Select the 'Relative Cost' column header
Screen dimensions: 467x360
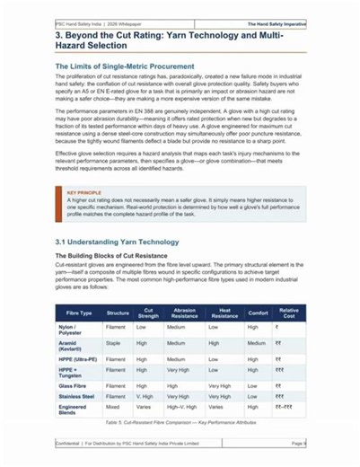click(x=288, y=313)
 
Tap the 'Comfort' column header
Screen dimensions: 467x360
click(x=258, y=313)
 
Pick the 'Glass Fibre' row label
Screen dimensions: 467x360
click(x=73, y=383)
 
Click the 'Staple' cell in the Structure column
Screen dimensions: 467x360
click(x=113, y=342)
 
